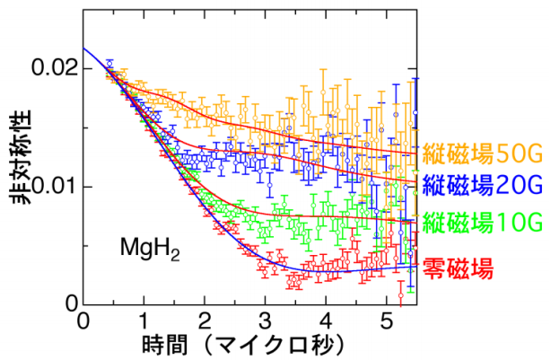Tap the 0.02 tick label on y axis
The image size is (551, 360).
click(49, 68)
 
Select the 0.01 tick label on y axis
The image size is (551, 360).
click(49, 187)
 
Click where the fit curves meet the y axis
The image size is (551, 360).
click(83, 48)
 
